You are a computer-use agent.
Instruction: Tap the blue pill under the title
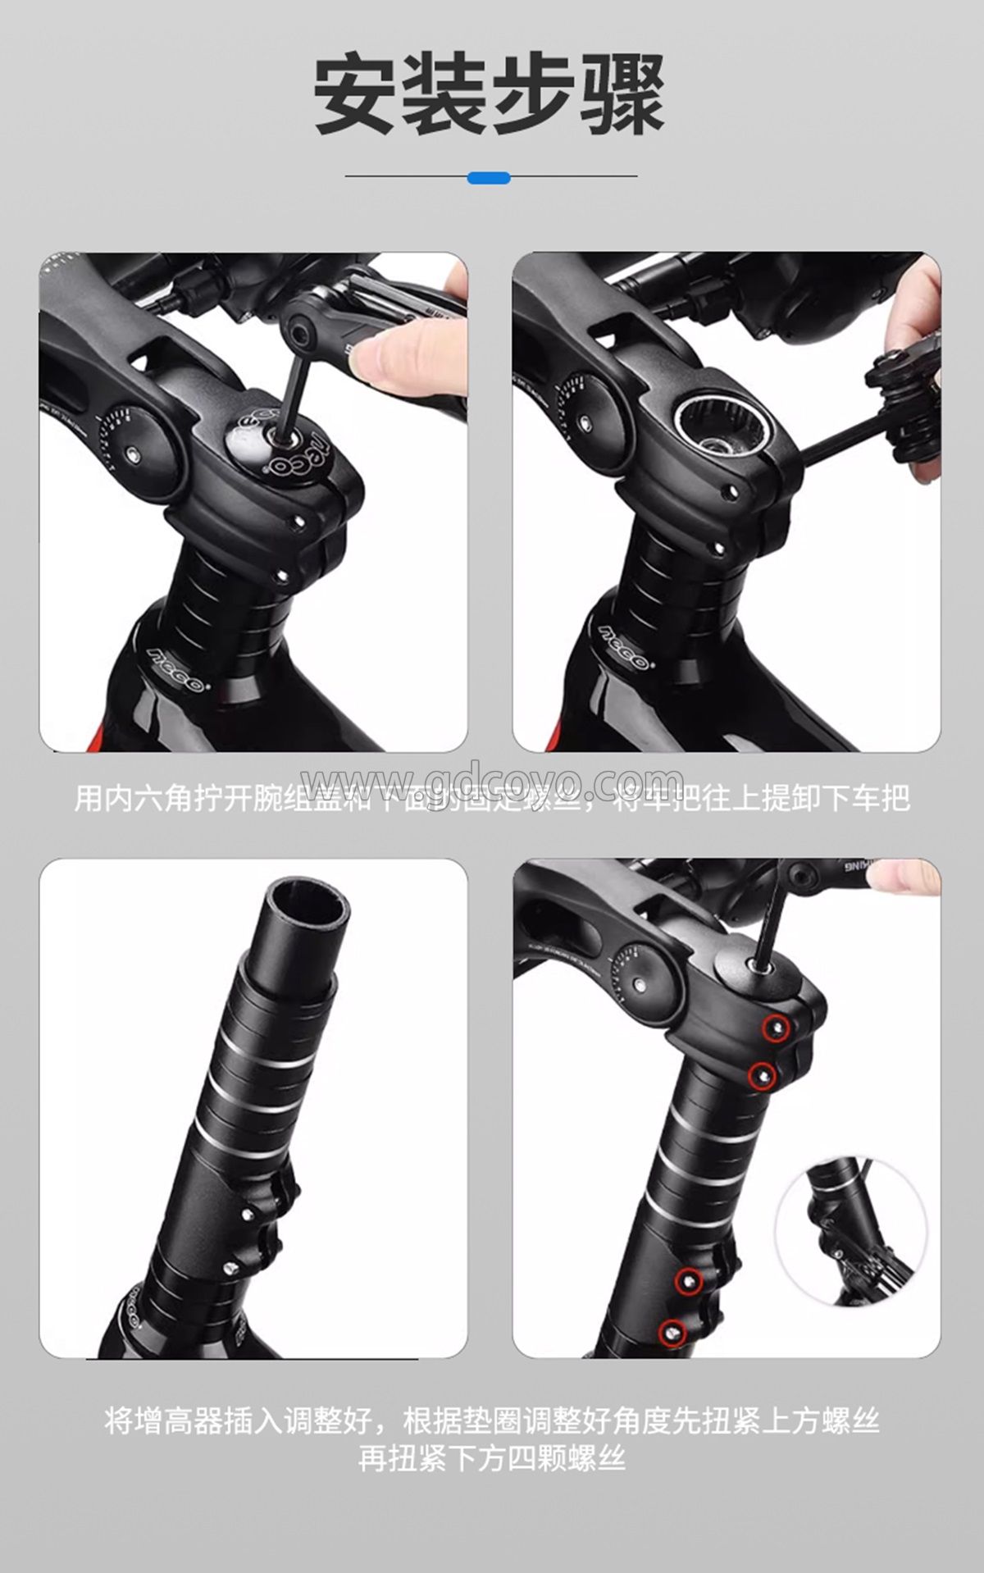coord(489,177)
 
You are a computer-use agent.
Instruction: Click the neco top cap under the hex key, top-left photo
coord(283,443)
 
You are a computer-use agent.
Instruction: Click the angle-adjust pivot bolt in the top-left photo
coord(133,452)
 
